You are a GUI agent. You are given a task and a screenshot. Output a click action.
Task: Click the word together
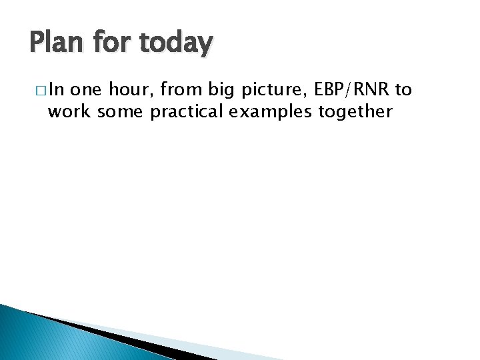(354, 111)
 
